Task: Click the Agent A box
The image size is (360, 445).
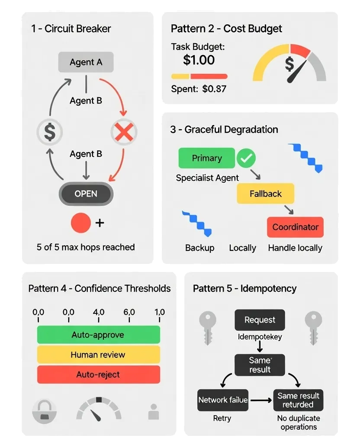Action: (86, 62)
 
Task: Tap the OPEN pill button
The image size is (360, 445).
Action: (86, 194)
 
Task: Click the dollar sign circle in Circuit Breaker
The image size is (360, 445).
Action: (50, 132)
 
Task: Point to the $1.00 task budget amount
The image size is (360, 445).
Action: (199, 60)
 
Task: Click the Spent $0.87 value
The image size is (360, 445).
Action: (214, 89)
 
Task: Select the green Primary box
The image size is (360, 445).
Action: (206, 158)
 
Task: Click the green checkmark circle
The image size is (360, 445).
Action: (246, 158)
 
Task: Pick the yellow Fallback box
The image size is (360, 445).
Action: (265, 194)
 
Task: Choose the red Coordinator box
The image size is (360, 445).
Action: (295, 227)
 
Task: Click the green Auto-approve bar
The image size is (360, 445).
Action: (98, 335)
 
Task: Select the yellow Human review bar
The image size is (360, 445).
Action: (98, 355)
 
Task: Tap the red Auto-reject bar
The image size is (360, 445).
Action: (98, 375)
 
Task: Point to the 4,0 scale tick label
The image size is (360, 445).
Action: (98, 312)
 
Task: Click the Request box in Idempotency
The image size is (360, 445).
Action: (260, 320)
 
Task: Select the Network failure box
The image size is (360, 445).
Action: (223, 400)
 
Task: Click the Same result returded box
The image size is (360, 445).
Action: (298, 400)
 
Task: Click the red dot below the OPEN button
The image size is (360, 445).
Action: (80, 223)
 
